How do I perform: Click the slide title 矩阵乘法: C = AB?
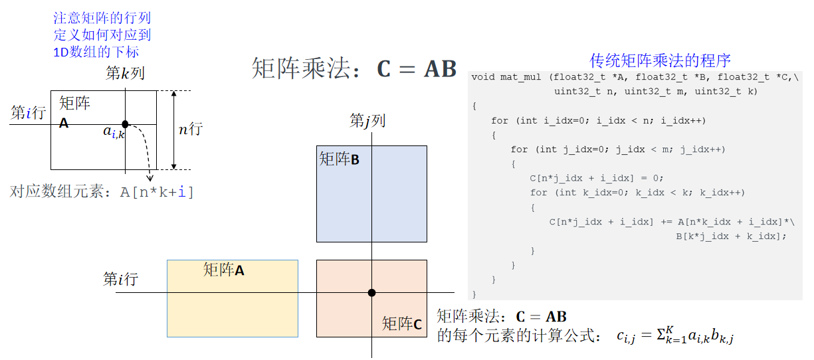pyautogui.click(x=354, y=69)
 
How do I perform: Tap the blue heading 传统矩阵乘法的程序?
pyautogui.click(x=660, y=60)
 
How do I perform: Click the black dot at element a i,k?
pyautogui.click(x=125, y=124)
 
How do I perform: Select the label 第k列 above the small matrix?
pyautogui.click(x=125, y=74)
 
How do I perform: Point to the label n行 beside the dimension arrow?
pyautogui.click(x=190, y=129)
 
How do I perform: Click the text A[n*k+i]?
pyautogui.click(x=157, y=193)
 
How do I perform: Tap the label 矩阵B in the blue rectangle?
pyautogui.click(x=339, y=159)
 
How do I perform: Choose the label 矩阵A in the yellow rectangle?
pyautogui.click(x=223, y=270)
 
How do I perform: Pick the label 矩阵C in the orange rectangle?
pyautogui.click(x=401, y=324)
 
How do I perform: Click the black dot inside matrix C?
pyautogui.click(x=371, y=293)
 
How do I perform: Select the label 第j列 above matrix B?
pyautogui.click(x=367, y=121)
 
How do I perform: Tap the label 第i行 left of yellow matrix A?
pyautogui.click(x=120, y=280)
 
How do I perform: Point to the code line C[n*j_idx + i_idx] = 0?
pyautogui.click(x=596, y=178)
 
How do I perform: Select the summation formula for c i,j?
pyautogui.click(x=675, y=336)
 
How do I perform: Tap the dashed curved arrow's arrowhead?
pyautogui.click(x=150, y=178)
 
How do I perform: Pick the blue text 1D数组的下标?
pyautogui.click(x=96, y=51)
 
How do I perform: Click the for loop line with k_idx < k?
pyautogui.click(x=637, y=193)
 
